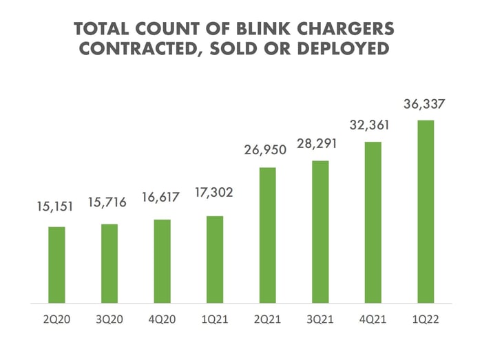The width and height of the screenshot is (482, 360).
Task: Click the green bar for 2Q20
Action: (57, 265)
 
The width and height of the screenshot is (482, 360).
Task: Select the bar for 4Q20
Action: (163, 262)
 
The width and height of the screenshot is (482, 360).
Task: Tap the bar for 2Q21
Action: (268, 235)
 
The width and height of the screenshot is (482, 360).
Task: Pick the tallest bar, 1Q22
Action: (426, 212)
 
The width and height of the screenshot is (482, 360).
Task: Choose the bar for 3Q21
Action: (320, 232)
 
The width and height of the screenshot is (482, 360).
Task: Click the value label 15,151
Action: (55, 207)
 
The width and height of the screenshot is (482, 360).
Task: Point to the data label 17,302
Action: (214, 193)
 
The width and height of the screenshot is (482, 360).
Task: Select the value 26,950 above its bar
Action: (265, 150)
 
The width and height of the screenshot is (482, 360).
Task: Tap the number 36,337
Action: (424, 104)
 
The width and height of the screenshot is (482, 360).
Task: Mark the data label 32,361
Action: (370, 125)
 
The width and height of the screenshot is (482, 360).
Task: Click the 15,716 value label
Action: (107, 202)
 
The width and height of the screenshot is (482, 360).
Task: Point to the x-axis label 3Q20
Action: (109, 319)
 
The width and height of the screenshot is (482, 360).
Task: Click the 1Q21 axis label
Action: (215, 319)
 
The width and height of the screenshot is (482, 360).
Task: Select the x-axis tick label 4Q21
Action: (373, 319)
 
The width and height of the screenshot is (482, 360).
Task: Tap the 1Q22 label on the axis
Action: (426, 319)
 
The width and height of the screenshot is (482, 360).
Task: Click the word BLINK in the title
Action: (264, 29)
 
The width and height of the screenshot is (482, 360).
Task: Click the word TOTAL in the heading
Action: (101, 29)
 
